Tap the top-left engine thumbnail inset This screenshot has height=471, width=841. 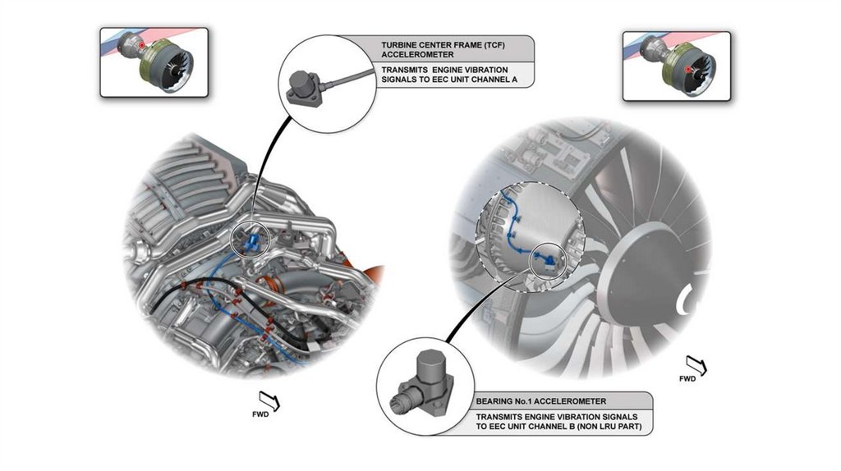(x=154, y=62)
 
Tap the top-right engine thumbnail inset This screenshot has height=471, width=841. (x=676, y=66)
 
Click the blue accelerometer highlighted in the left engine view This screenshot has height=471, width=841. (x=253, y=239)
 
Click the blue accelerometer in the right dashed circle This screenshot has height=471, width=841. (x=545, y=260)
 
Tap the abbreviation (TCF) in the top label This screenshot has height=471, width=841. (x=497, y=43)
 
